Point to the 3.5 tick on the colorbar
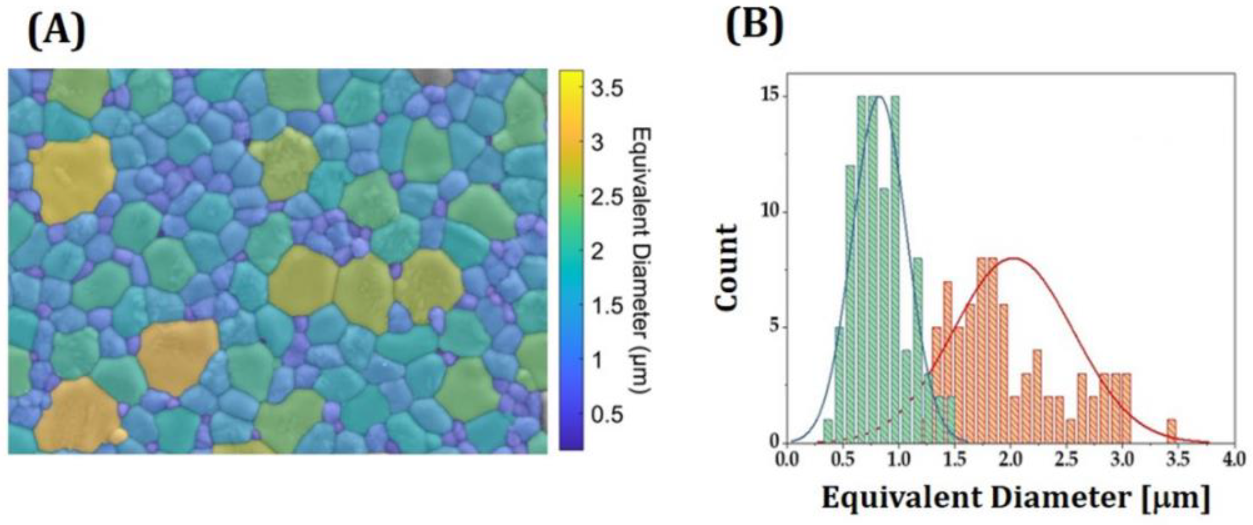[605, 89]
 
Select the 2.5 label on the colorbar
[605, 198]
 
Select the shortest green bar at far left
[828, 431]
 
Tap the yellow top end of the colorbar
[571, 75]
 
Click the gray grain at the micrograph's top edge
[433, 76]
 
